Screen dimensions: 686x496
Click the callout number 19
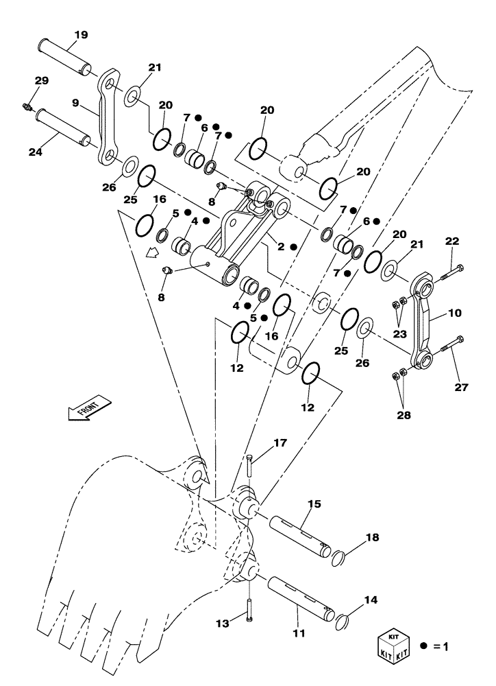80,34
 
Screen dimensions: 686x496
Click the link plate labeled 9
108,120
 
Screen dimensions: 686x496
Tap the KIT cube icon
393,646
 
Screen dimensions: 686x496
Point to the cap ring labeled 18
341,558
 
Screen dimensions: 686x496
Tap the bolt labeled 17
251,466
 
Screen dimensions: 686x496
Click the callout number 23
399,334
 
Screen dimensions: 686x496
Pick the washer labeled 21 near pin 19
132,97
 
